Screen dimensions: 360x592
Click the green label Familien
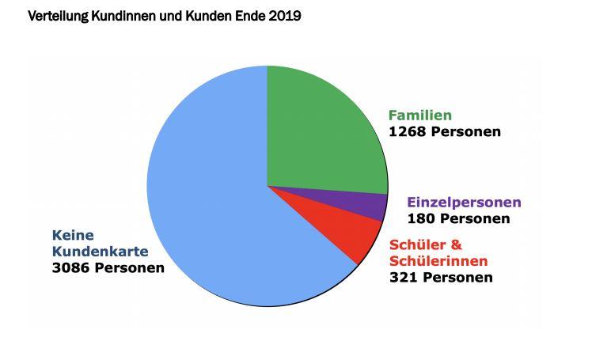(419, 116)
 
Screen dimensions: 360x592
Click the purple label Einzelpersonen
(464, 203)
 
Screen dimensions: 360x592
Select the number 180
(420, 218)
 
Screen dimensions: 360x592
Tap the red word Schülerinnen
(438, 261)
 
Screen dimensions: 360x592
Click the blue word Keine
(73, 235)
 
